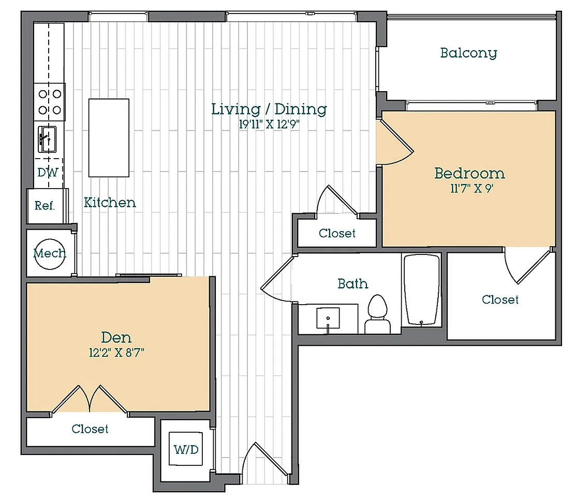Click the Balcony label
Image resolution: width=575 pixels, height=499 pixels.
(x=468, y=53)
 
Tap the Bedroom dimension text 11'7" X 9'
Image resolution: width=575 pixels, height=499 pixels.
(x=471, y=189)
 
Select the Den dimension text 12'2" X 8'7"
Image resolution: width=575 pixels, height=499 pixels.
(x=116, y=353)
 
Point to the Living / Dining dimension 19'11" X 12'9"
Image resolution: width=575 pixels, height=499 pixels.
(x=269, y=124)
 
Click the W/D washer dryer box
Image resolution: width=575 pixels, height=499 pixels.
(x=186, y=449)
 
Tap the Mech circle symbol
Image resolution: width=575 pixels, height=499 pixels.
(x=50, y=254)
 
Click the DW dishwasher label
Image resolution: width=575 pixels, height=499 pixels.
(x=48, y=172)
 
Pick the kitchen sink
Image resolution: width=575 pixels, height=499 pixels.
(x=47, y=139)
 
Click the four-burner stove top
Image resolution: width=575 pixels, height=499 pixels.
(x=50, y=102)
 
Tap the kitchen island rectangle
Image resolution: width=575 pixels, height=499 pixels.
(x=109, y=138)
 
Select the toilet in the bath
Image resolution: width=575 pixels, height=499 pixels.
(x=377, y=314)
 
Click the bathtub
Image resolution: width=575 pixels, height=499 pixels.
(x=421, y=290)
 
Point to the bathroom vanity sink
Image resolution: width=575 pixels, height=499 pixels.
(x=328, y=318)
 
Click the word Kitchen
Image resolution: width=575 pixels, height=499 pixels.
(x=110, y=202)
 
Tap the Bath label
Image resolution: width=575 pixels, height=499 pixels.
(x=353, y=283)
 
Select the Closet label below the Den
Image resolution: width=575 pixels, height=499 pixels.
(x=90, y=429)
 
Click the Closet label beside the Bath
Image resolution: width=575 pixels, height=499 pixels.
(x=500, y=300)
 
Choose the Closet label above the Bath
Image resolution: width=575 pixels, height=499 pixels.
(x=337, y=233)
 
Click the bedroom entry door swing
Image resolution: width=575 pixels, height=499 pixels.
(x=396, y=142)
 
